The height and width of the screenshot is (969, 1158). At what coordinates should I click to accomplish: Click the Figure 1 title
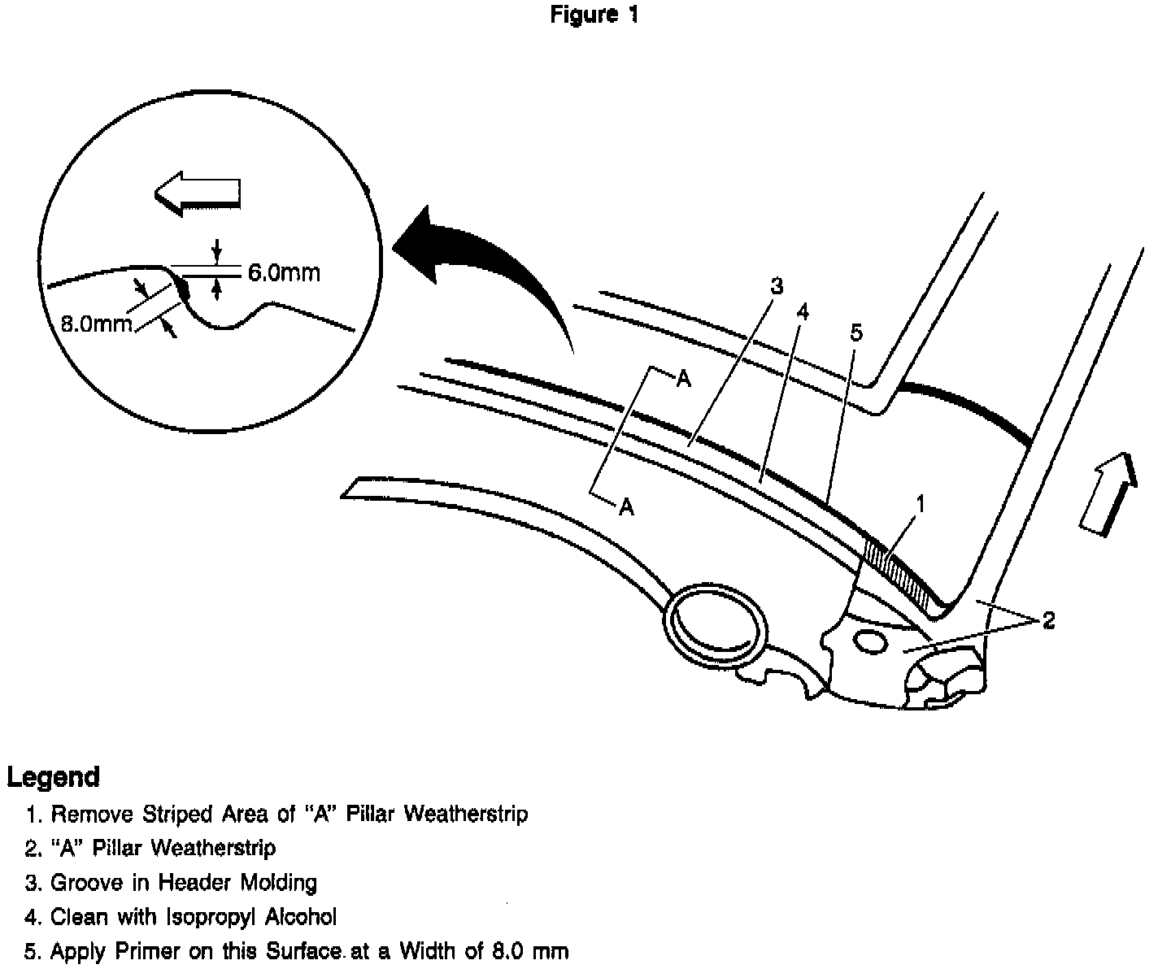tap(594, 15)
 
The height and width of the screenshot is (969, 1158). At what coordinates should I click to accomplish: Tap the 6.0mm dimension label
tap(284, 272)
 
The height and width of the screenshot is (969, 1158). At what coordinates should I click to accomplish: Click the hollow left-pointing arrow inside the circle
tap(197, 193)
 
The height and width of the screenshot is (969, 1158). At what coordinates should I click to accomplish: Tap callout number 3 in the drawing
tap(776, 286)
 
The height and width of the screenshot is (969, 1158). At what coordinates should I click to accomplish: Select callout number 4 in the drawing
tap(803, 312)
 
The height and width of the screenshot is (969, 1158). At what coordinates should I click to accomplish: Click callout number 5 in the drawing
tap(855, 332)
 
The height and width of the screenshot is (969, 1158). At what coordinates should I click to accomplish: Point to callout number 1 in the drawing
tap(920, 505)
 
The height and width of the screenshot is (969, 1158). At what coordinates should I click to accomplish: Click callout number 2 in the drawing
tap(1048, 621)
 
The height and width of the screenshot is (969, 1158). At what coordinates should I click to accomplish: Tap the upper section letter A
tap(684, 379)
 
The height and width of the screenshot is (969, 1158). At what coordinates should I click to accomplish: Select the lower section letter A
tap(626, 507)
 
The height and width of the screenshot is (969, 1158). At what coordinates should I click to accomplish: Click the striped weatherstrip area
tap(899, 573)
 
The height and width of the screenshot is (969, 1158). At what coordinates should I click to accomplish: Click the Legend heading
tap(54, 777)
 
